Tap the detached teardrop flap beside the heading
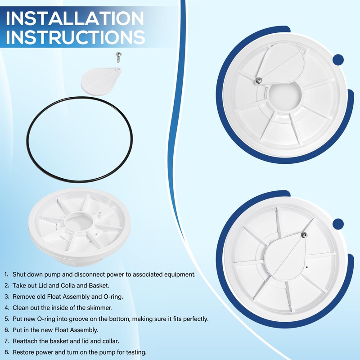click(x=101, y=81)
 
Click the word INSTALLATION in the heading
click(x=75, y=18)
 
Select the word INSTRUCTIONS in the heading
click(x=75, y=37)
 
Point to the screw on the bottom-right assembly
click(x=304, y=235)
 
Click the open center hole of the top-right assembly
click(x=283, y=94)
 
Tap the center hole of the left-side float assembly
click(x=78, y=221)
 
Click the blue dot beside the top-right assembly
click(x=338, y=60)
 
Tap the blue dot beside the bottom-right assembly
click(x=338, y=224)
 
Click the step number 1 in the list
click(x=6, y=274)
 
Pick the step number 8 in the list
click(x=7, y=352)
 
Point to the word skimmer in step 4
click(x=99, y=308)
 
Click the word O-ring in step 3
click(x=113, y=297)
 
